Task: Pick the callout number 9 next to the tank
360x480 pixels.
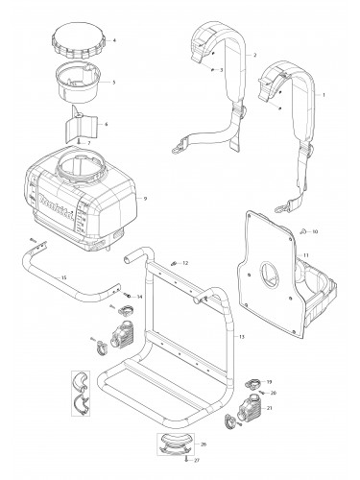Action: click(x=144, y=198)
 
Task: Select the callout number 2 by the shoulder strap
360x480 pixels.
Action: click(x=254, y=56)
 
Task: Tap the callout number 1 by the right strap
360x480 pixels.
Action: click(x=324, y=96)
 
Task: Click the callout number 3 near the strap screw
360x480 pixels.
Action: click(x=222, y=71)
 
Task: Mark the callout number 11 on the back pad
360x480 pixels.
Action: click(x=305, y=255)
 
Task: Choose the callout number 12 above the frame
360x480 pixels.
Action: click(x=186, y=262)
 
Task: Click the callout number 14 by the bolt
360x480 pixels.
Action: click(x=139, y=298)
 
